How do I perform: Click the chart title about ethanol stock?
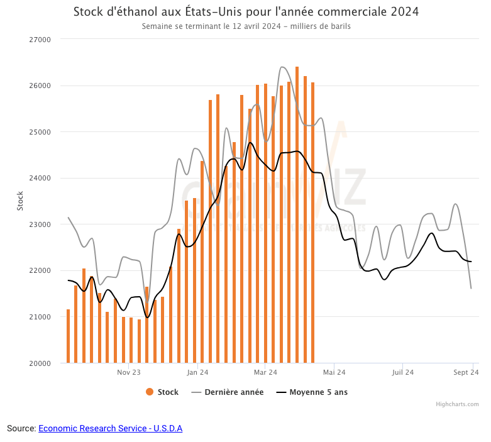click(246, 12)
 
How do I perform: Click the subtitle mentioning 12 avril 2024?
click(246, 26)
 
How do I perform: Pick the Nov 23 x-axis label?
click(128, 372)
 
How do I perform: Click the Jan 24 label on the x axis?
click(197, 372)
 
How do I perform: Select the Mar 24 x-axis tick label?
click(265, 372)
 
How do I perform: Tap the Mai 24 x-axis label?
click(334, 372)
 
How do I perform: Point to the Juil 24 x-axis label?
click(403, 372)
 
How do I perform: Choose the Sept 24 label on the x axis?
click(466, 372)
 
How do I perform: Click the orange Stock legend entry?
click(162, 392)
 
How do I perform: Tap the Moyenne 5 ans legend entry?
click(312, 392)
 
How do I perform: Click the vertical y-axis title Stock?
click(19, 201)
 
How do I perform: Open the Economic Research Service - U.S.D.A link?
click(110, 428)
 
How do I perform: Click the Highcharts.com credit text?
click(457, 404)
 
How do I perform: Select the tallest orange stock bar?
click(297, 214)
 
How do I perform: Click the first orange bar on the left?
click(68, 336)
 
